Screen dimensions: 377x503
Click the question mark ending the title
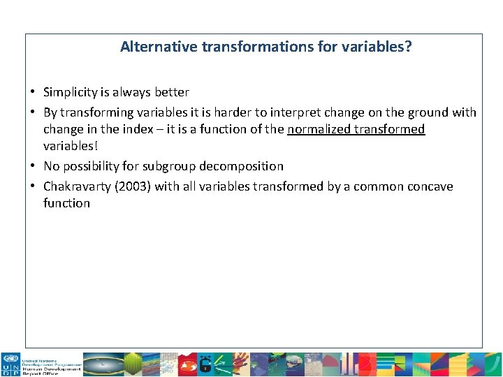[408, 47]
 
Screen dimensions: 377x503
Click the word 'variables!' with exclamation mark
[71, 146]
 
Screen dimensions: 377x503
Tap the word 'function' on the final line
[66, 203]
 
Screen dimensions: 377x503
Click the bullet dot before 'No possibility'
[33, 166]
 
